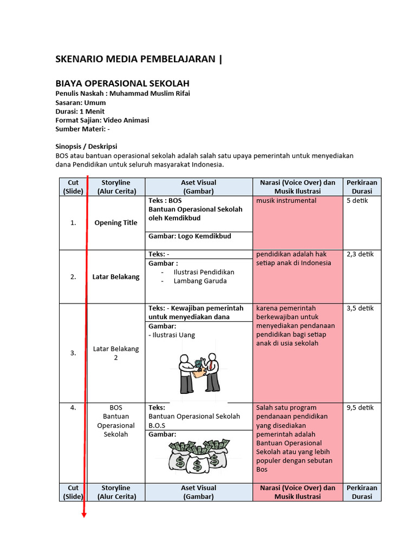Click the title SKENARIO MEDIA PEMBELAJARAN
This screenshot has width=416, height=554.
[x=135, y=59]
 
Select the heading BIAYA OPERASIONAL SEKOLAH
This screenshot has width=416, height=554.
[x=122, y=83]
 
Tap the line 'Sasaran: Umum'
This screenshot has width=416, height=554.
[x=81, y=102]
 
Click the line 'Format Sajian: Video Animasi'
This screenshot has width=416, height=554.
[x=102, y=120]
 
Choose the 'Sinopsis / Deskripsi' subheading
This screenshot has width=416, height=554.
[x=86, y=147]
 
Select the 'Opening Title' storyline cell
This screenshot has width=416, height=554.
[x=116, y=223]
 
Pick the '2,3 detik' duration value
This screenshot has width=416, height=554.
[x=360, y=254]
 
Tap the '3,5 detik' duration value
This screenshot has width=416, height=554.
[x=360, y=308]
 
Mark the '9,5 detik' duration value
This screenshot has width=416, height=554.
[x=360, y=408]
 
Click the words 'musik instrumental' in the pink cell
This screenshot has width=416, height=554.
[x=286, y=201]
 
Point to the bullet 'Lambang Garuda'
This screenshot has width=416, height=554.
[x=200, y=281]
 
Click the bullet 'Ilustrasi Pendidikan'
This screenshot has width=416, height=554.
[x=204, y=272]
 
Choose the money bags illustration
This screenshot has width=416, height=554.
[x=199, y=456]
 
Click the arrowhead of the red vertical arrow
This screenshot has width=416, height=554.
[x=84, y=515]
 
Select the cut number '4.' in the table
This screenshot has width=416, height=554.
[x=73, y=408]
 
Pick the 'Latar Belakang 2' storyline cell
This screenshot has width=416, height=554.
[x=116, y=353]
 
